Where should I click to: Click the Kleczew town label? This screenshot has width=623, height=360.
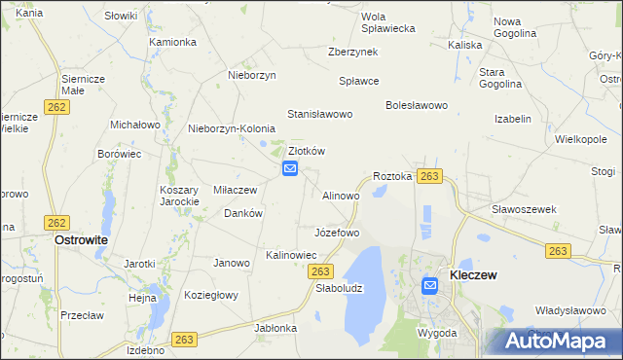pos(473,276)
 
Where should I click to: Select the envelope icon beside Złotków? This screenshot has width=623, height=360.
pos(290,169)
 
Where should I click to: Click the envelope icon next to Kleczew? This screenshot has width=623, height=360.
pos(430,285)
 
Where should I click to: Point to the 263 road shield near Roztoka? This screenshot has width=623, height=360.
pos(430,176)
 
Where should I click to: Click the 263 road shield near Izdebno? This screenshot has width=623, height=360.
pos(185,340)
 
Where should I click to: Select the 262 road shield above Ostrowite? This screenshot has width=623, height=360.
pos(56,223)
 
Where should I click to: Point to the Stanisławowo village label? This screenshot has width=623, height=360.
pos(319,115)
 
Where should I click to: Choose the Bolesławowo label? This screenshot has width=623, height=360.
pos(416,105)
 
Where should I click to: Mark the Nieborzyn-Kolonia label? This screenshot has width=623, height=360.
pos(232,128)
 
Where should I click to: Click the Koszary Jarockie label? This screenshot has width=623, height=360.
pos(180,196)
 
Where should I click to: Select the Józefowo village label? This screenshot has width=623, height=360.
pos(337,234)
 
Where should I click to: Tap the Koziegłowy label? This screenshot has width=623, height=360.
pos(211,295)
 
